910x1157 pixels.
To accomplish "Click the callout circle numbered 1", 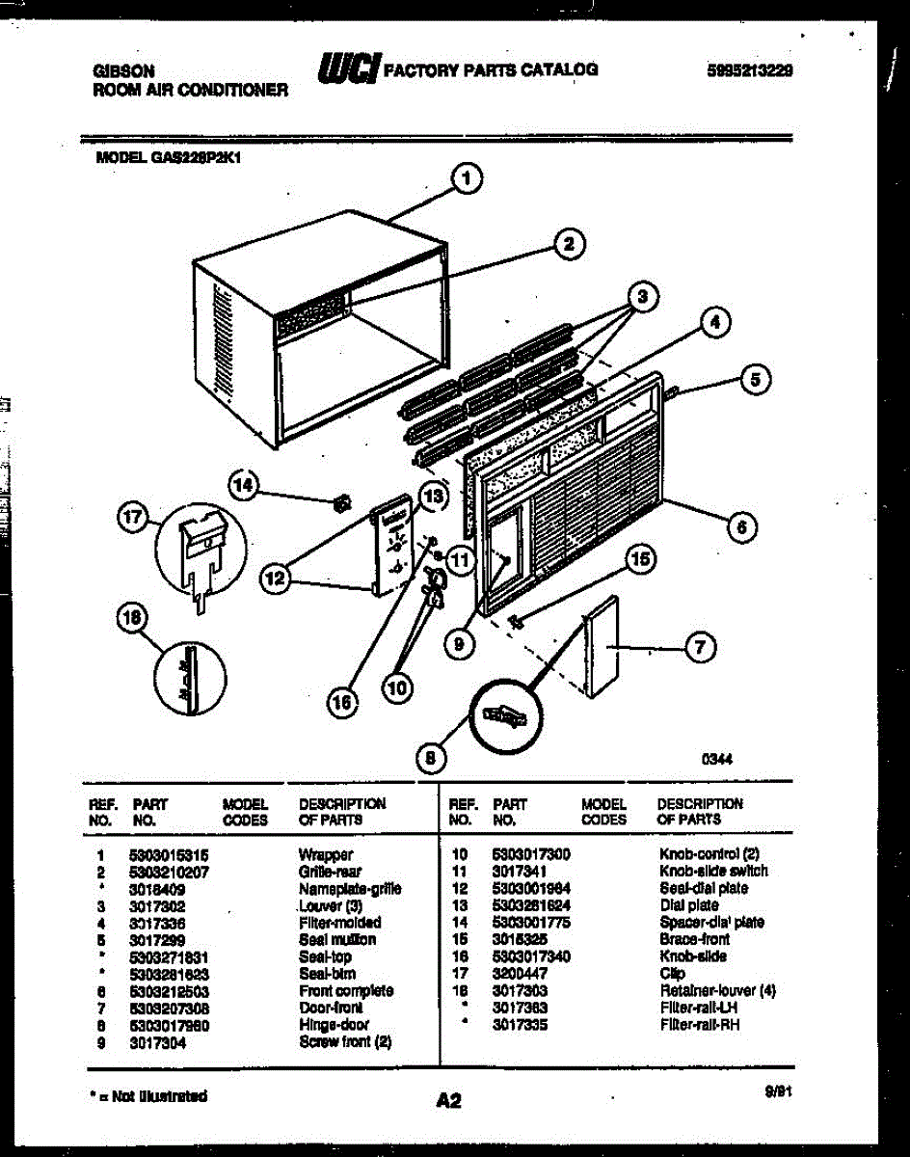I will [467, 177].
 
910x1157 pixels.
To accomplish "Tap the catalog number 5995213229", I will [749, 70].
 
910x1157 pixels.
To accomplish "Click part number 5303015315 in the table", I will [169, 854].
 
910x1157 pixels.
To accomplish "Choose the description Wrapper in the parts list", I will [326, 854].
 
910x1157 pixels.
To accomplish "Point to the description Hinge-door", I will [334, 1025].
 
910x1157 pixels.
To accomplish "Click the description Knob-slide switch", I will [713, 871].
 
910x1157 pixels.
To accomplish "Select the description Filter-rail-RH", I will [700, 1026].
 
